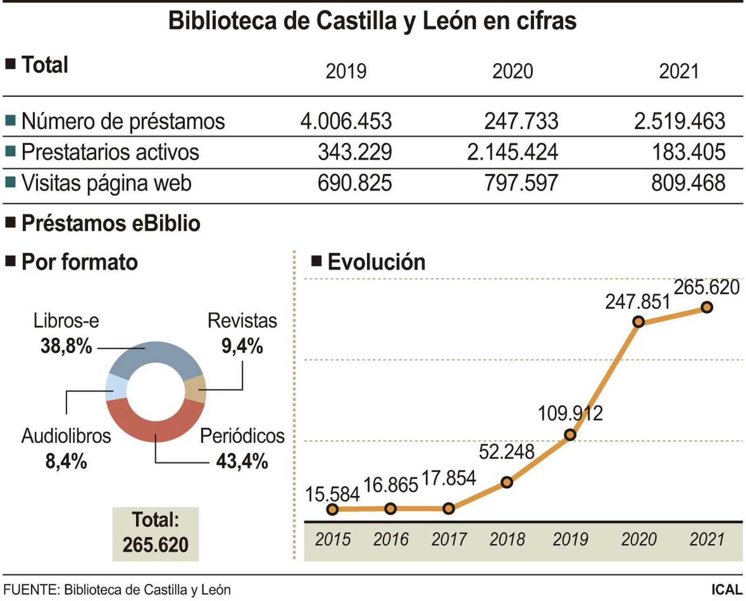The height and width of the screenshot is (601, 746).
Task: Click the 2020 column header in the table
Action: [x=512, y=71]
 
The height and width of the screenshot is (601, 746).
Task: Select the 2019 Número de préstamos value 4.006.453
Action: [x=346, y=121]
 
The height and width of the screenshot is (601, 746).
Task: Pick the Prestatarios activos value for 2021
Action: [x=688, y=152]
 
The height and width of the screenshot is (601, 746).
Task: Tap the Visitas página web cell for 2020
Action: [x=521, y=183]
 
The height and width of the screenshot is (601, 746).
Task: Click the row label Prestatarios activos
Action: [x=110, y=152]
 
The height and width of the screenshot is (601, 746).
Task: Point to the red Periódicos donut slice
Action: [x=155, y=424]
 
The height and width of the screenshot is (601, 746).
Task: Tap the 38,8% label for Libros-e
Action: [x=66, y=346]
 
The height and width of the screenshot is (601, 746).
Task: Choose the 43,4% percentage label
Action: [x=242, y=462]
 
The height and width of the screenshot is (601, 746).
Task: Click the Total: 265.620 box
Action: [x=155, y=533]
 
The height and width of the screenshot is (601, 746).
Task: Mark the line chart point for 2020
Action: [x=638, y=322]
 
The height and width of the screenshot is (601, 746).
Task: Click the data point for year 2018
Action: [x=507, y=482]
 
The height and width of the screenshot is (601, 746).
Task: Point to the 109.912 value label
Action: [x=570, y=414]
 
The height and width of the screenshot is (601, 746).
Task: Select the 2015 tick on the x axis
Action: [x=332, y=539]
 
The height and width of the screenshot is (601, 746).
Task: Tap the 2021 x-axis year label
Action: [x=707, y=539]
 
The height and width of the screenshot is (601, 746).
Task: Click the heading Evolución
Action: [x=376, y=262]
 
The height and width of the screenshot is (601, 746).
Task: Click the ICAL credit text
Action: [x=726, y=590]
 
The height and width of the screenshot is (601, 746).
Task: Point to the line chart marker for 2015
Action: [x=332, y=509]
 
